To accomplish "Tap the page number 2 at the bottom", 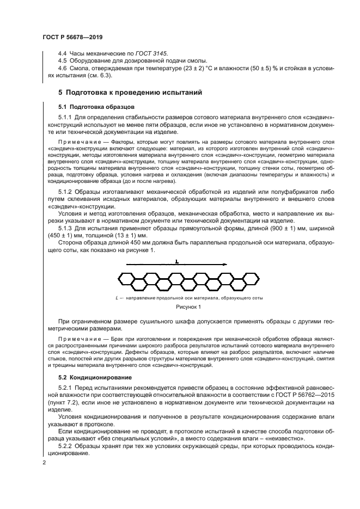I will pyautogui.click(x=44, y=463).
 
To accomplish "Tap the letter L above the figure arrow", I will pyautogui.click(x=176, y=262).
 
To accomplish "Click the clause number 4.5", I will pyautogui.click(x=63, y=61).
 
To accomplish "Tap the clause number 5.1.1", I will pyautogui.click(x=66, y=117).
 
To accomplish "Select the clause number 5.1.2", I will pyautogui.click(x=66, y=193).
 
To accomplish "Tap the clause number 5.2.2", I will pyautogui.click(x=66, y=445).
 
